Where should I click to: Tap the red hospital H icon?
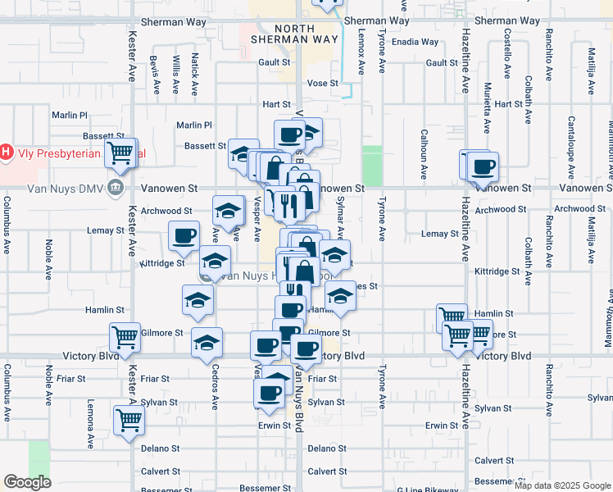point(7,152)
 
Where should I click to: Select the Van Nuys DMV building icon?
point(115,187)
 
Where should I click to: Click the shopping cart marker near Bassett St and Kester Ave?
point(120,153)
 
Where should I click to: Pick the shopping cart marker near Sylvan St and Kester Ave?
point(129,419)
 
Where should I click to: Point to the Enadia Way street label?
point(415,42)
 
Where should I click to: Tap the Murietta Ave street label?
point(487,107)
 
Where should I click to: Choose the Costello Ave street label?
point(507,52)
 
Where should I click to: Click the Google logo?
point(27,482)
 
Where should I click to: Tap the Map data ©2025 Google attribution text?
point(562,485)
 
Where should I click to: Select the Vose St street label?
point(322,83)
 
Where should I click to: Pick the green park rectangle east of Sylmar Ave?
point(372,165)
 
